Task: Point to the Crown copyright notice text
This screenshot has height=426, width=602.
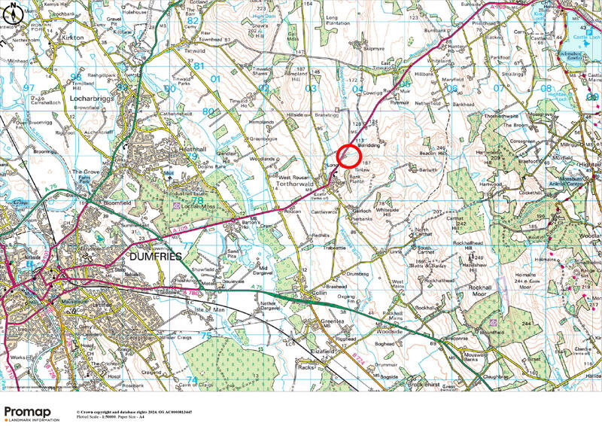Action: (133, 412)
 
